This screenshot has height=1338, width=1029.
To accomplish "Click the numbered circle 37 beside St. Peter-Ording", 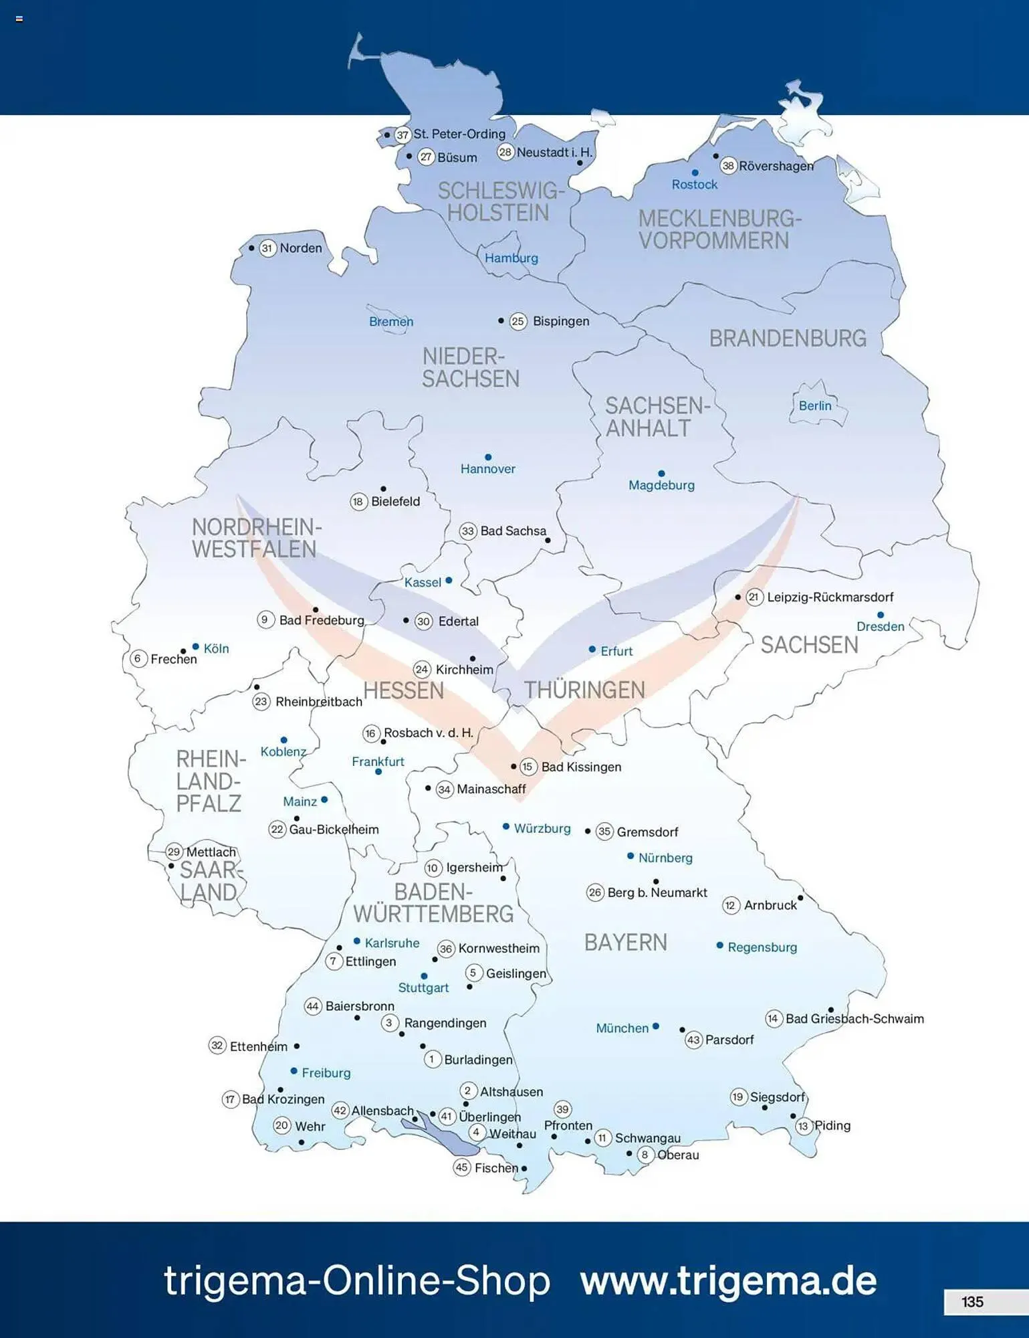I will click(402, 134).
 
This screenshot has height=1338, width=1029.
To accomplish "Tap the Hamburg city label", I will click(511, 258).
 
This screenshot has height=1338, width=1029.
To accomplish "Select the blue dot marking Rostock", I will click(695, 173).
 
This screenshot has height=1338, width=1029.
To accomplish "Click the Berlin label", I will click(815, 405).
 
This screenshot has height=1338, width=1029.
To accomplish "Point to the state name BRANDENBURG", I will click(788, 339).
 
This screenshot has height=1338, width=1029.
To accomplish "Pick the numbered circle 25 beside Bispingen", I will click(518, 321).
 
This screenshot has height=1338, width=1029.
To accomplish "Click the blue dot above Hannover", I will click(488, 457).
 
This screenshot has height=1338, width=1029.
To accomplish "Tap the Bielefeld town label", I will click(395, 501).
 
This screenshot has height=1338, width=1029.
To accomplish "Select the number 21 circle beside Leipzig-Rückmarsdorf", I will click(754, 597).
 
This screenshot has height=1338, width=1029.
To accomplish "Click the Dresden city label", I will click(880, 626).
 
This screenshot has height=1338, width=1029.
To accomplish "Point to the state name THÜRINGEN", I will click(584, 690).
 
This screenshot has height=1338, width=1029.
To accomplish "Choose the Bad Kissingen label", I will click(581, 767).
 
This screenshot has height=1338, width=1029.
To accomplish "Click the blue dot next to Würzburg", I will click(506, 827).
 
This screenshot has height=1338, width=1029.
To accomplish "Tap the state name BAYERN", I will click(625, 942).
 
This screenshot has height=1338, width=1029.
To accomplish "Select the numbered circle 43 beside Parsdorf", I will click(693, 1040).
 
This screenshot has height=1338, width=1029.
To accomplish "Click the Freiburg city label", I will click(326, 1072).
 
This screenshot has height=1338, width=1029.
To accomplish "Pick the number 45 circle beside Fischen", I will click(461, 1167).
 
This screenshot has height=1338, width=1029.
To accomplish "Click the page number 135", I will click(972, 1301).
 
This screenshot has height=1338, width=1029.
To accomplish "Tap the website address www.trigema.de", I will click(728, 1280).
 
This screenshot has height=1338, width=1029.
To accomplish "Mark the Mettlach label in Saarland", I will click(211, 852).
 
